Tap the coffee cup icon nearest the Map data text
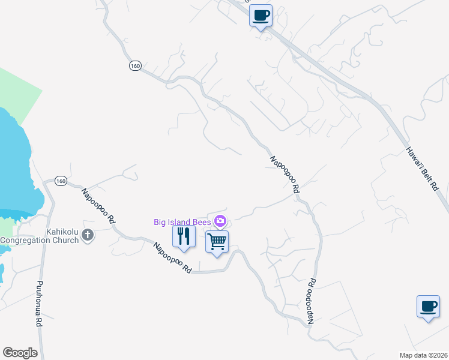428,307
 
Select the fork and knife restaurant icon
184,236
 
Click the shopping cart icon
217,242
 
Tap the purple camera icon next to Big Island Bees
220,221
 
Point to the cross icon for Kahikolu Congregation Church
88,235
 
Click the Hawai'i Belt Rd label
422,169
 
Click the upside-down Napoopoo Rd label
311,301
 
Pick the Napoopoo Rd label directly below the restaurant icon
172,258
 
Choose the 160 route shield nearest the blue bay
61,181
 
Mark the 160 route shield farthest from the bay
134,65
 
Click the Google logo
20,353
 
